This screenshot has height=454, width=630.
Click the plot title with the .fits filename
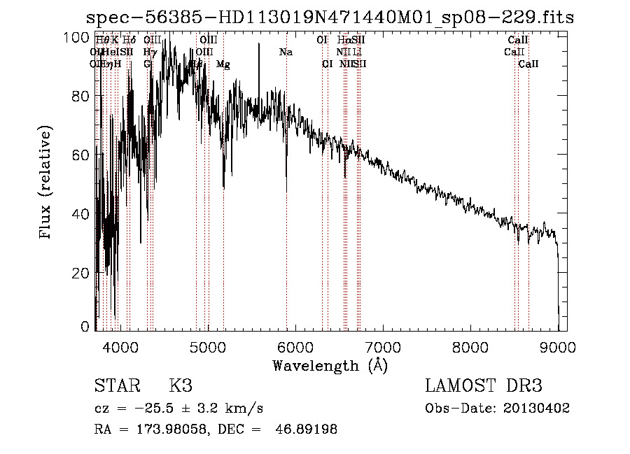click(330, 17)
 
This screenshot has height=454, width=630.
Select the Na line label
click(286, 52)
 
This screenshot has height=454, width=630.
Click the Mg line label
click(223, 64)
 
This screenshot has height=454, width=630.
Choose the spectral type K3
click(180, 386)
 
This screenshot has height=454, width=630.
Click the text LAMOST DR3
click(484, 386)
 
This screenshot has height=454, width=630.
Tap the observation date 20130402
click(540, 408)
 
